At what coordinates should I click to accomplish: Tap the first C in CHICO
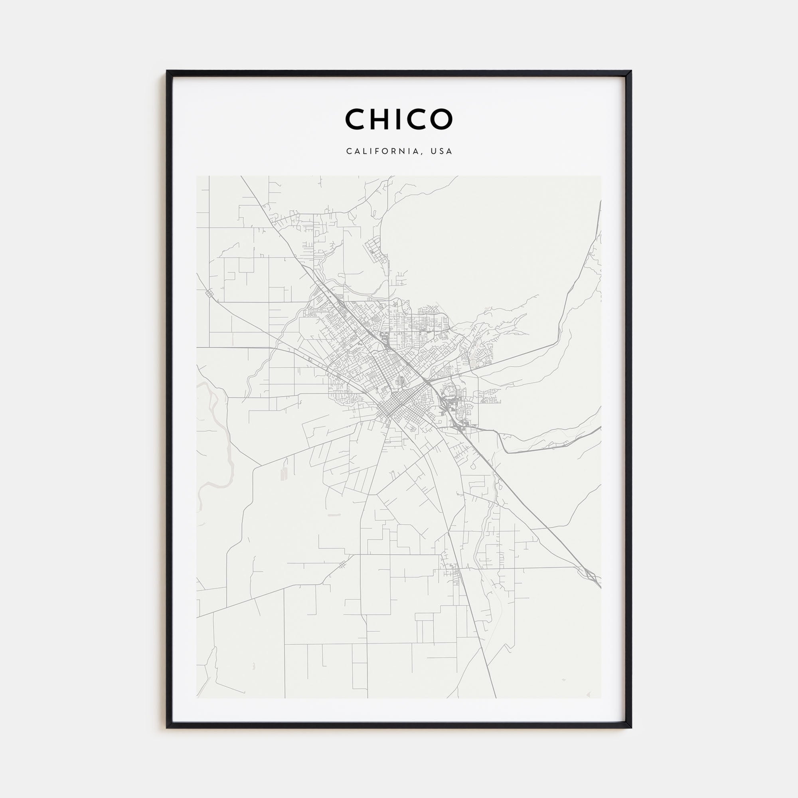pos(355,119)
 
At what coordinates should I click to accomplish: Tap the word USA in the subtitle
pos(442,151)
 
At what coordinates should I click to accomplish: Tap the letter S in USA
pos(442,151)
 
